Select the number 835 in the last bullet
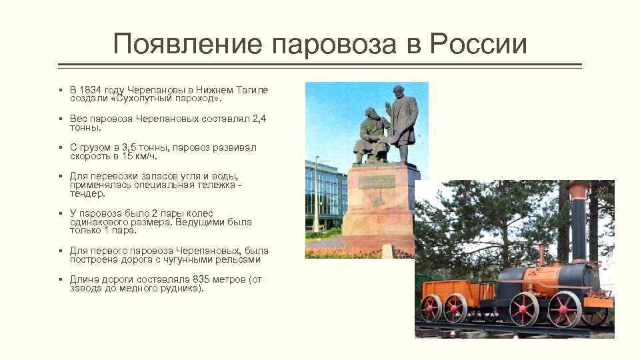point(203,280)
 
